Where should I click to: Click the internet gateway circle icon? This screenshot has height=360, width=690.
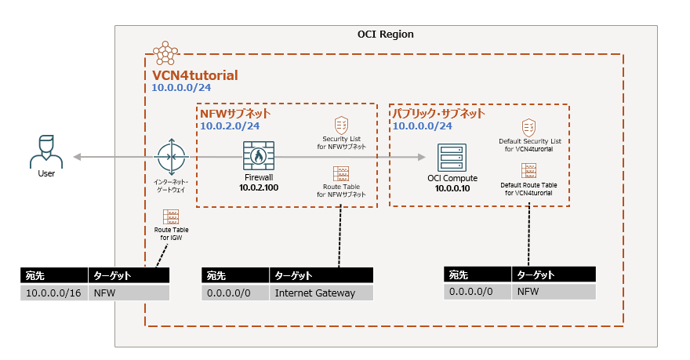tap(169, 157)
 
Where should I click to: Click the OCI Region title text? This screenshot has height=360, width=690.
tap(385, 35)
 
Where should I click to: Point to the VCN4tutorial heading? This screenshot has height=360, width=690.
tap(195, 75)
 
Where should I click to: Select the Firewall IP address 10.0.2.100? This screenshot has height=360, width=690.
tap(258, 187)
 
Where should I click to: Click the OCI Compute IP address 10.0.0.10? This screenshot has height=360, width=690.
tap(452, 188)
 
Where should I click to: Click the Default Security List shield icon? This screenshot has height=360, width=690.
tap(529, 127)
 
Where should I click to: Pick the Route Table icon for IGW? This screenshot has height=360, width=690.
tap(170, 216)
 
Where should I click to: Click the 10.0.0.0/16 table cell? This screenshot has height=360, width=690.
tap(54, 293)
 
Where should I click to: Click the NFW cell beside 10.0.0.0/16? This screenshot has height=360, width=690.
tap(129, 293)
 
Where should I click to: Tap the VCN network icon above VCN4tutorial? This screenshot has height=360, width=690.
tap(165, 53)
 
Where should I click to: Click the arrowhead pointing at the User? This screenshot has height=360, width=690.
tap(77, 158)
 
